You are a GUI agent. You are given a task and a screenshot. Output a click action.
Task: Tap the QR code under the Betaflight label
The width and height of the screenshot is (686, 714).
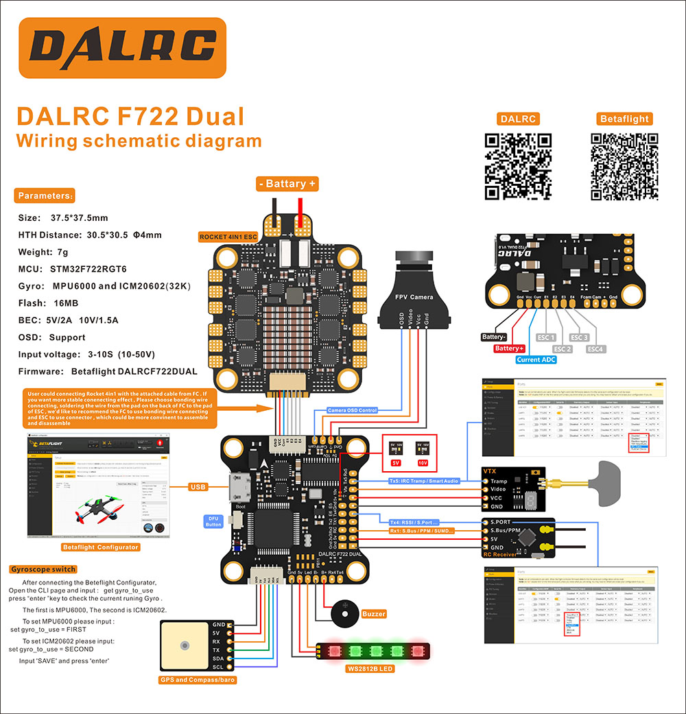(x=624, y=167)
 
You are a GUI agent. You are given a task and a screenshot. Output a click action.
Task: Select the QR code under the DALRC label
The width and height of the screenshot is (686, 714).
(x=519, y=167)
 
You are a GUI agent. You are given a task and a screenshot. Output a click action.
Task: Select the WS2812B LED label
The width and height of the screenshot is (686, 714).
(x=369, y=667)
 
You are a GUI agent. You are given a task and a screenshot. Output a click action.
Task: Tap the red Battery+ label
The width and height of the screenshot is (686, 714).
(x=508, y=348)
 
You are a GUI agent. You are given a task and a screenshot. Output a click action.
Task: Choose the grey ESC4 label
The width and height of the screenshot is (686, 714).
(x=595, y=348)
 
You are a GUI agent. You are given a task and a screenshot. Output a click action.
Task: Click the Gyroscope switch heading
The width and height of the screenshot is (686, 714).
(x=43, y=569)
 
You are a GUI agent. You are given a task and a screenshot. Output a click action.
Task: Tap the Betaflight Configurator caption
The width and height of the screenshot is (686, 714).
(x=100, y=547)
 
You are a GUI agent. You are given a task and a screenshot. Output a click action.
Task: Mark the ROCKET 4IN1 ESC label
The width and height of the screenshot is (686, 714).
(x=228, y=237)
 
